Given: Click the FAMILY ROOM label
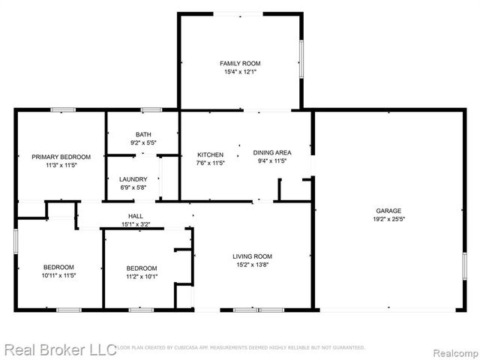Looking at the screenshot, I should pyautogui.click(x=240, y=64).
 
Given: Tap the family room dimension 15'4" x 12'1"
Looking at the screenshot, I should pyautogui.click(x=240, y=72).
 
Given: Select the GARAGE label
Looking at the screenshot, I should pyautogui.click(x=388, y=211).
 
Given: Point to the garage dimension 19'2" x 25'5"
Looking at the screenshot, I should pyautogui.click(x=388, y=220).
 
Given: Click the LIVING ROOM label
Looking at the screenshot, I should pyautogui.click(x=252, y=256).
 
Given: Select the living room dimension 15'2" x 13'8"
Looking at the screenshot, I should pyautogui.click(x=252, y=265).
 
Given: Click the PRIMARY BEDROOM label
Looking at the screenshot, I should pyautogui.click(x=61, y=157).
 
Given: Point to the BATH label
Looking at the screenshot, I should pyautogui.click(x=142, y=134).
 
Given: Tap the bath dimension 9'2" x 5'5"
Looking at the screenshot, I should pyautogui.click(x=142, y=142).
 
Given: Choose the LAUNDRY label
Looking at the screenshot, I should pyautogui.click(x=133, y=179).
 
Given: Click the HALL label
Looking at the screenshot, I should pyautogui.click(x=135, y=216).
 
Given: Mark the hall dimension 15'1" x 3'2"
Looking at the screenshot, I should pyautogui.click(x=135, y=223).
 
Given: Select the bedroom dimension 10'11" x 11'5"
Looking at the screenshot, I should pyautogui.click(x=58, y=275).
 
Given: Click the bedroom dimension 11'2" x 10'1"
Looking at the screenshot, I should pyautogui.click(x=141, y=276).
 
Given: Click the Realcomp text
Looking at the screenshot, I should pyautogui.click(x=454, y=349).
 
